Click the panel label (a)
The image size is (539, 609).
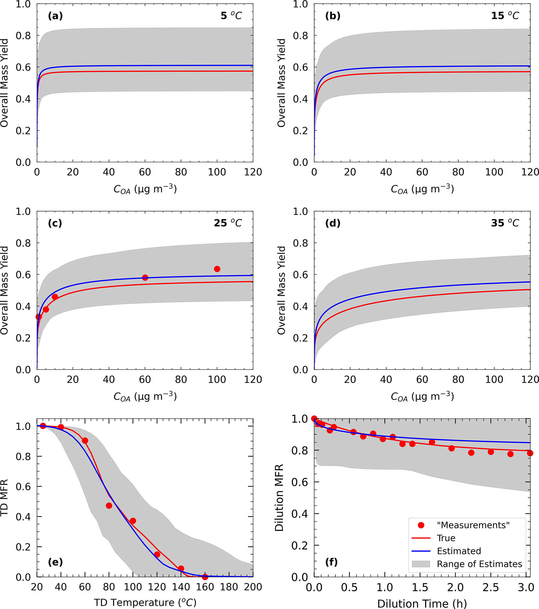(x=56, y=16)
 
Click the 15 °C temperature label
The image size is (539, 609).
(x=505, y=16)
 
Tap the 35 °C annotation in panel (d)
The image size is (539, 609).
(x=505, y=223)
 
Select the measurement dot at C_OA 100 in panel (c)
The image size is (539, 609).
(x=217, y=269)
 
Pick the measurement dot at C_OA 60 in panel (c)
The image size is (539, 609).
(x=145, y=278)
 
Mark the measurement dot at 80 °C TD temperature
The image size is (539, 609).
(x=109, y=506)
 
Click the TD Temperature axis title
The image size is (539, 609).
(x=145, y=602)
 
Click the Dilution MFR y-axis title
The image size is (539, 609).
(x=279, y=498)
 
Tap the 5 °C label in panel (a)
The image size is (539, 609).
(x=231, y=16)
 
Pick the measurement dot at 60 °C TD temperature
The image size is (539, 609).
(x=85, y=441)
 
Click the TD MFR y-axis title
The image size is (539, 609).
(x=4, y=498)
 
